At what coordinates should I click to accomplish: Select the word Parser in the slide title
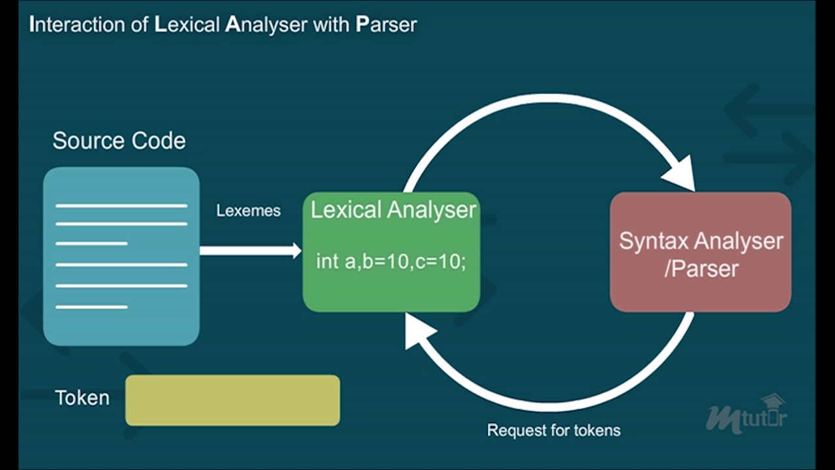[386, 25]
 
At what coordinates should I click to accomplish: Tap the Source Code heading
[119, 141]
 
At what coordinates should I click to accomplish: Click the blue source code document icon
[121, 256]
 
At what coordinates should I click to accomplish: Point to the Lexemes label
[248, 211]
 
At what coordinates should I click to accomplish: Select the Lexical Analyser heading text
[393, 210]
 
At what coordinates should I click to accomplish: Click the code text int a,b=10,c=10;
[391, 262]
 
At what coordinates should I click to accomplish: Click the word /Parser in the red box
[701, 268]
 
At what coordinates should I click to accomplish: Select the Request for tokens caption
[553, 430]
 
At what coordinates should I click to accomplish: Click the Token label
[82, 398]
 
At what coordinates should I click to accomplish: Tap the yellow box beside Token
[232, 400]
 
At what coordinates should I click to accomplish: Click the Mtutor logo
[746, 416]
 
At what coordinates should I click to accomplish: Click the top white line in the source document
[121, 206]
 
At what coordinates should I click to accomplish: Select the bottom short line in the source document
[91, 307]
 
